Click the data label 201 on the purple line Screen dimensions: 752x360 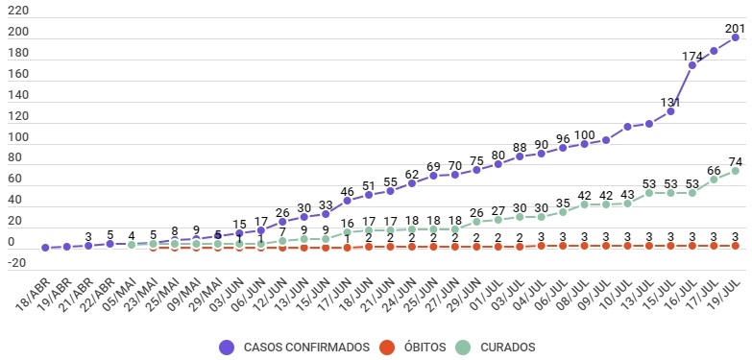[x=735, y=28]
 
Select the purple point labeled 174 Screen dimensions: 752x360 [x=692, y=65]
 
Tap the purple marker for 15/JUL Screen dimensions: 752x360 [x=670, y=111]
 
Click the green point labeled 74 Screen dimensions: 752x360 [x=735, y=171]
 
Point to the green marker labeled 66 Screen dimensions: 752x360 [x=714, y=180]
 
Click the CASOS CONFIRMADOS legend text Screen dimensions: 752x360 [x=306, y=348]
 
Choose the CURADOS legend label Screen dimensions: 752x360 [x=508, y=348]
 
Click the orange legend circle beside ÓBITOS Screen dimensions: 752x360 [x=387, y=348]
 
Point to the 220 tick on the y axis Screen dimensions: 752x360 [x=18, y=11]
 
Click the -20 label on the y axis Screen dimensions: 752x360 [x=18, y=263]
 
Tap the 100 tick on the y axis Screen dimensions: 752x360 [x=18, y=137]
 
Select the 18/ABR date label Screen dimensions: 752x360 [x=32, y=294]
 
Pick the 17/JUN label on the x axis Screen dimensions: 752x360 [x=334, y=294]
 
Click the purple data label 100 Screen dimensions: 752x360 [x=584, y=133]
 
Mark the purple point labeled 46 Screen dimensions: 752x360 [x=348, y=201]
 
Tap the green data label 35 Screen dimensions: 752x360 [x=563, y=202]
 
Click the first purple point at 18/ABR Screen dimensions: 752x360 [x=45, y=248]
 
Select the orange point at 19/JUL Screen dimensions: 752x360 [x=735, y=246]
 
